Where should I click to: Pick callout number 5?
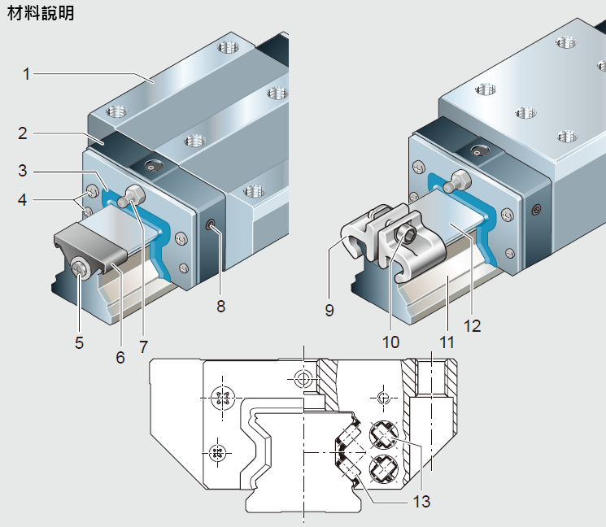(x=79, y=342)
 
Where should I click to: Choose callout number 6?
(x=120, y=356)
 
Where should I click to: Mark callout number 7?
(x=143, y=346)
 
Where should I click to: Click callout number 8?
(x=220, y=307)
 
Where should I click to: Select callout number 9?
(x=329, y=309)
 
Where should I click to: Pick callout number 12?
(x=472, y=326)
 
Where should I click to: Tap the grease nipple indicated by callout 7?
(x=133, y=195)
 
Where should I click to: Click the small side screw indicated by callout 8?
(x=211, y=225)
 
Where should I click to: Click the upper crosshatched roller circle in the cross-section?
(x=383, y=437)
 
